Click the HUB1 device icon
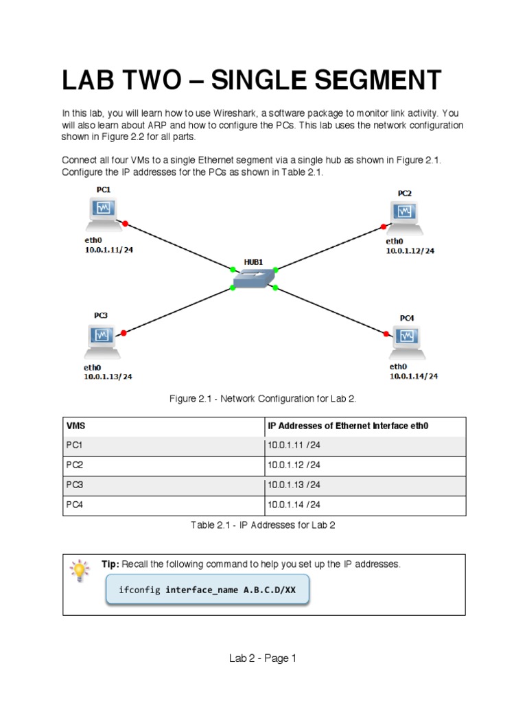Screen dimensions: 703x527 [x=253, y=279]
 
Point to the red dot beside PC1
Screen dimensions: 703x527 [x=125, y=223]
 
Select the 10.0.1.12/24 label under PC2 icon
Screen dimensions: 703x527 [x=410, y=251]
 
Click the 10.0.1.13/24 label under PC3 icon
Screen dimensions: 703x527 [x=108, y=377]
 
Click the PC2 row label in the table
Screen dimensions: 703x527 [x=74, y=465]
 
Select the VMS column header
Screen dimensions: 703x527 [x=76, y=426]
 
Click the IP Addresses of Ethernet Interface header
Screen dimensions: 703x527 [x=348, y=426]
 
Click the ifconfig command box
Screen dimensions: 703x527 [x=207, y=590]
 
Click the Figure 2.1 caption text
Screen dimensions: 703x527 [x=263, y=398]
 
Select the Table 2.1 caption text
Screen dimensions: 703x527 [x=263, y=525]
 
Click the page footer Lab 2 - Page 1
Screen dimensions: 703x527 [x=263, y=658]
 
